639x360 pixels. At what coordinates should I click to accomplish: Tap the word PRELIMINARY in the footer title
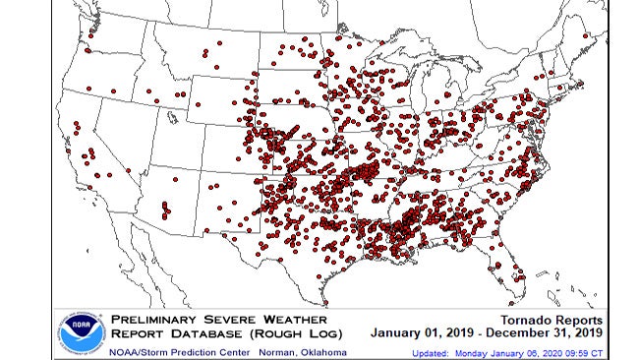[156, 320]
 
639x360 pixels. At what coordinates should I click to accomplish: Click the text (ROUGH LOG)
[291, 333]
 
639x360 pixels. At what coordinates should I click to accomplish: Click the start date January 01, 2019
[422, 333]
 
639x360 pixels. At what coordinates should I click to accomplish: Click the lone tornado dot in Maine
[587, 36]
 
